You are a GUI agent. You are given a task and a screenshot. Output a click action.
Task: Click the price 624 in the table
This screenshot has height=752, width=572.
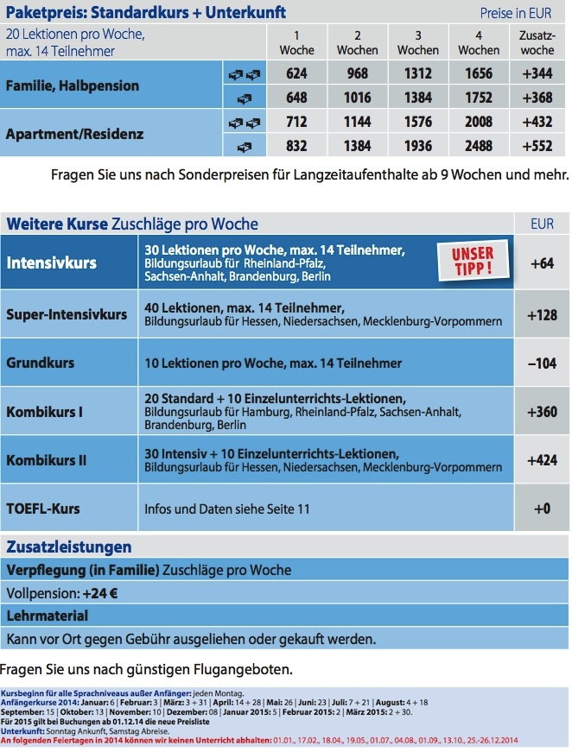coord(296,74)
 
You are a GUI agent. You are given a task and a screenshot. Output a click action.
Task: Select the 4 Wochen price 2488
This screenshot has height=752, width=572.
coord(479,146)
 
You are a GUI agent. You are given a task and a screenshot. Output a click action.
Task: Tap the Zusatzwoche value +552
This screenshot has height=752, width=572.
coord(537,146)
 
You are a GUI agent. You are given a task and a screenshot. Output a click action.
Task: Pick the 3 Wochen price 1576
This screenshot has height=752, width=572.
coord(417,123)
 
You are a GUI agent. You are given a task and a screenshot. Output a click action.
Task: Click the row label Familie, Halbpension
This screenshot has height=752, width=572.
coord(73,86)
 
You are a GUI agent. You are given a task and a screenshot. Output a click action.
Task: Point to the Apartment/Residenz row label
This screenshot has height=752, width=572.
coord(74,135)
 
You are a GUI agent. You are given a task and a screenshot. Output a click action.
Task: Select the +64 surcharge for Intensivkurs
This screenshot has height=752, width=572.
coord(542,262)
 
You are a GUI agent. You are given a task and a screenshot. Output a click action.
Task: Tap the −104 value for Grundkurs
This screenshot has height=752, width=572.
coord(542,363)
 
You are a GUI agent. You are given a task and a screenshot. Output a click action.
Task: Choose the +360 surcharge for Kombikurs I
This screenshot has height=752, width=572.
coord(542,412)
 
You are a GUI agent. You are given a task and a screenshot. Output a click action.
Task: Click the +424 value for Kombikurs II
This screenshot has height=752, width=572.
coord(542,460)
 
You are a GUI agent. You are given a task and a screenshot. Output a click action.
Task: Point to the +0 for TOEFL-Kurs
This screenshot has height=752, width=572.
coord(542,509)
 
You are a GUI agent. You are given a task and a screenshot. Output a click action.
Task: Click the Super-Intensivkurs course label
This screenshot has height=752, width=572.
coord(67,315)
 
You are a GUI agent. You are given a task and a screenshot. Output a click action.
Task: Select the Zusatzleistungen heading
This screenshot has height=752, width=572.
coord(69,547)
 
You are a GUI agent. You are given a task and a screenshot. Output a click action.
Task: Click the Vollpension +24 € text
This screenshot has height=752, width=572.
coord(62,594)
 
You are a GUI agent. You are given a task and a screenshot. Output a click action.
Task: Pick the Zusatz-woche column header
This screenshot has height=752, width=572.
coord(537,42)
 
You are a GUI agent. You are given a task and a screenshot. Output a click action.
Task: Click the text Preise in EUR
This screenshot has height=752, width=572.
coord(515,13)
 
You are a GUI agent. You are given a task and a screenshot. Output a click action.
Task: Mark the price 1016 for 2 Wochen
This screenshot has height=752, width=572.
coord(357,98)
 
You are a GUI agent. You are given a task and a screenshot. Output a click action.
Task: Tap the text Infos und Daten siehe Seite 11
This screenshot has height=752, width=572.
coord(227,509)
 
